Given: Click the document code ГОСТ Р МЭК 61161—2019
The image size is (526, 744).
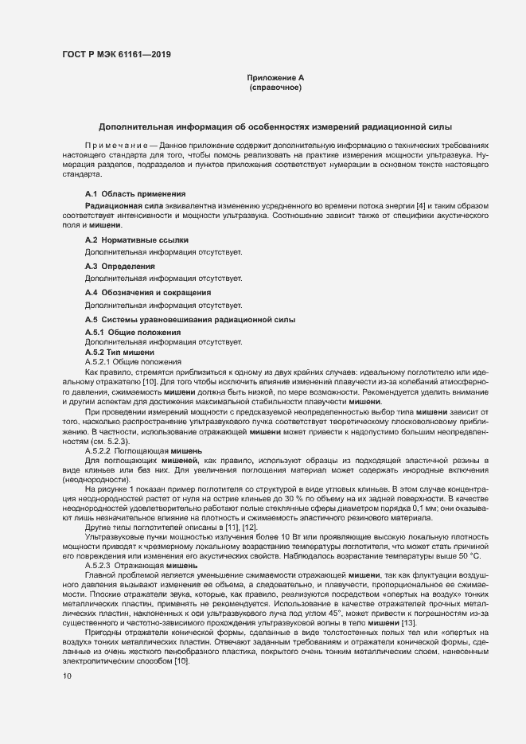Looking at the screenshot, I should (x=116, y=55).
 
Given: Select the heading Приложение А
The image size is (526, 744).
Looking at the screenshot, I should (x=275, y=78).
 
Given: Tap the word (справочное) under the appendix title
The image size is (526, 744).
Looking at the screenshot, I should (x=275, y=88).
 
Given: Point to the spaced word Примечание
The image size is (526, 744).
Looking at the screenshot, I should (x=111, y=146).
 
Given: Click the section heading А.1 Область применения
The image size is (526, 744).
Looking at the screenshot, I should (x=135, y=194).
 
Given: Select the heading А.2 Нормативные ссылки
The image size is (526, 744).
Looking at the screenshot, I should (x=137, y=240).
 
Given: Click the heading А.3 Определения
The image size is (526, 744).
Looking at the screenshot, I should (x=120, y=266).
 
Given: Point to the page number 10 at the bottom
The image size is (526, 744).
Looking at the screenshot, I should (x=67, y=676).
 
